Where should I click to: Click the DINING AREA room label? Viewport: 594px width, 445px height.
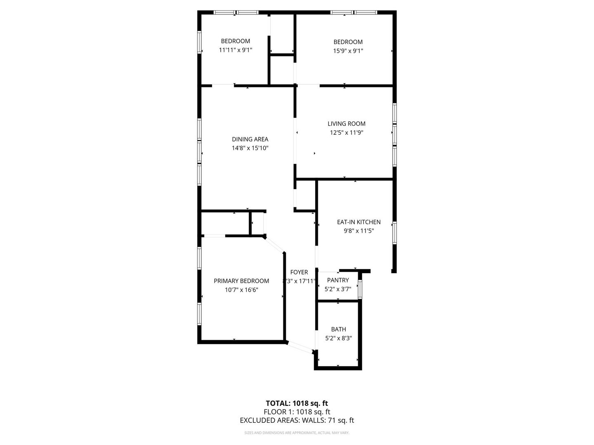pos(250,139)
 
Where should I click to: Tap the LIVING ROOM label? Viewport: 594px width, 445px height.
pos(346,124)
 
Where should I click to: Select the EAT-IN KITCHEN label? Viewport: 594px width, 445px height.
pos(359,222)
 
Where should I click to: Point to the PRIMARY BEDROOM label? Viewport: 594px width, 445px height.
pos(241,281)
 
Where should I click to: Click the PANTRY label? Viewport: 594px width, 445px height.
pos(338,280)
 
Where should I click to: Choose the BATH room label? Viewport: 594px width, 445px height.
pos(339,329)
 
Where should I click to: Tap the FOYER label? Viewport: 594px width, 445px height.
pos(299,272)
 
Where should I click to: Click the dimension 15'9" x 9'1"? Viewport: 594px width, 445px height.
pos(348,51)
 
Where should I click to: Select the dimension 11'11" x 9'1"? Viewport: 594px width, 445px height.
pos(236,50)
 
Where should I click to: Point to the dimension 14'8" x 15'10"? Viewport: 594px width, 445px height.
pos(250,148)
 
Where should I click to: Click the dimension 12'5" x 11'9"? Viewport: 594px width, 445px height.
pos(346,133)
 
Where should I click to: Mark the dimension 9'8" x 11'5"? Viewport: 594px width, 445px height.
pos(359,231)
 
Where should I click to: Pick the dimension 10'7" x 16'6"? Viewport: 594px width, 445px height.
pos(241,290)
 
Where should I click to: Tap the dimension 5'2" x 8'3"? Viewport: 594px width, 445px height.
pos(339,338)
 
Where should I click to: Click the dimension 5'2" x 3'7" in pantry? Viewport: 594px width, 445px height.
pos(338,289)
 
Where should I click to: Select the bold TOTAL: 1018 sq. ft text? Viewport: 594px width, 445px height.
pos(297,403)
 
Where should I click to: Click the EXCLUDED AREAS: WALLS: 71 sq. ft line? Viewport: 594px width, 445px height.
pos(297,421)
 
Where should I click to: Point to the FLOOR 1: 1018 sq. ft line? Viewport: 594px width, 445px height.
pos(297,412)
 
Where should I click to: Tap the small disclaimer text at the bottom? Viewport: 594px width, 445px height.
pos(297,433)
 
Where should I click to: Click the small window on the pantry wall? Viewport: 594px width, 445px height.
pos(360,289)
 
